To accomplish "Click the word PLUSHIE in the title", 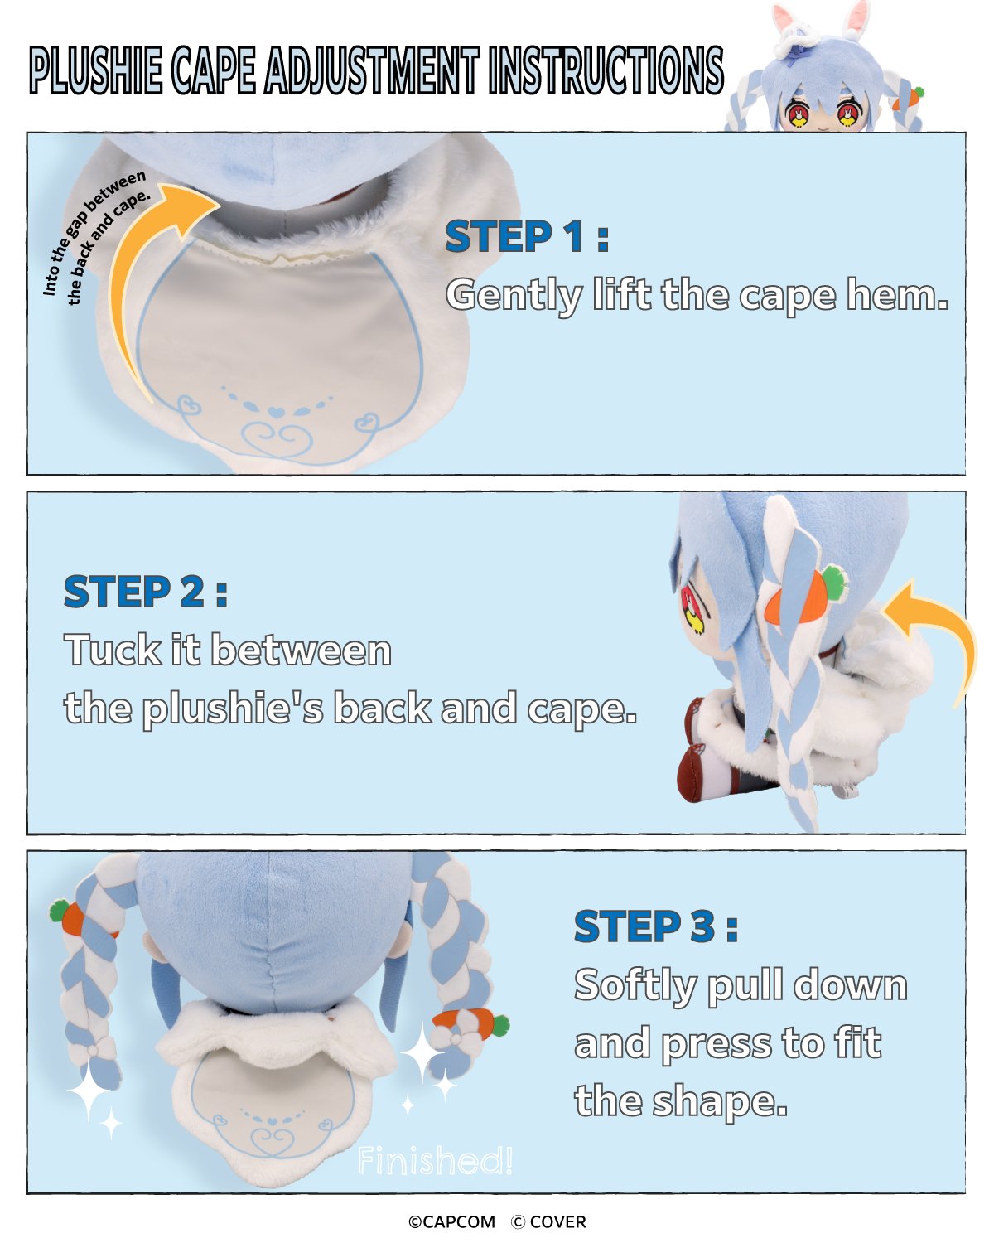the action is click(x=96, y=70).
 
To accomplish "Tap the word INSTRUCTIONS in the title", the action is click(x=606, y=70).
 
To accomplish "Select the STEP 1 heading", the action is click(x=527, y=236).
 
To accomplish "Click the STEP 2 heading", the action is click(x=146, y=592).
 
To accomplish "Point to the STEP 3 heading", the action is click(x=655, y=926).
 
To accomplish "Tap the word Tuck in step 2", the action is click(x=113, y=649).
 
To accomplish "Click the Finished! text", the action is click(x=435, y=1160).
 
